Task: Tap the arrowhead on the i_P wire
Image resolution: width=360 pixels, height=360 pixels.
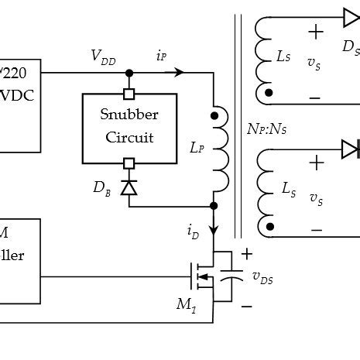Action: tap(179, 73)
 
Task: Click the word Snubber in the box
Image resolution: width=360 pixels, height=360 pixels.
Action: tap(129, 115)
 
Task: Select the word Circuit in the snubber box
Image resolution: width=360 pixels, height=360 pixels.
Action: tap(129, 138)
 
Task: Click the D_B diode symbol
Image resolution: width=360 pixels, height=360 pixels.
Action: tap(129, 187)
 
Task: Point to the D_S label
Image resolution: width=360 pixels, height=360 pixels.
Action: tap(351, 49)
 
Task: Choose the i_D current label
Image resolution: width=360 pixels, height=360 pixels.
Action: tap(192, 230)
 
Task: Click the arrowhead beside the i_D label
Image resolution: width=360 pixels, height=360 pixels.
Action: tap(214, 231)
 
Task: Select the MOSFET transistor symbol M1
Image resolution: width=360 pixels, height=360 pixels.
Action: tap(203, 274)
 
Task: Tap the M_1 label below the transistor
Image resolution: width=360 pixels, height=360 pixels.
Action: tap(186, 305)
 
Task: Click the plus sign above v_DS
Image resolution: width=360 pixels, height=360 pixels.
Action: tap(247, 254)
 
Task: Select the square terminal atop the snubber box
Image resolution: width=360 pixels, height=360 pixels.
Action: tap(129, 94)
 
